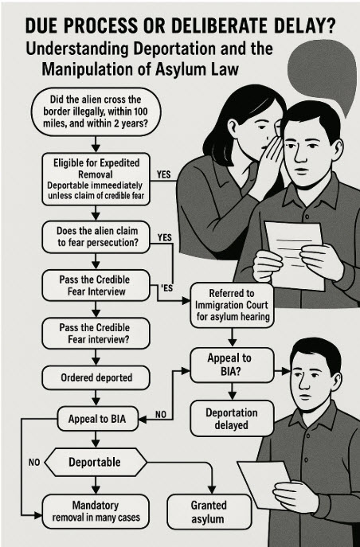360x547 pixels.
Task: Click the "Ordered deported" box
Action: (96, 378)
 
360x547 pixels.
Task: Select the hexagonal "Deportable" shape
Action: (96, 463)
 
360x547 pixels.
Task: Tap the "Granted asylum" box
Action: (209, 512)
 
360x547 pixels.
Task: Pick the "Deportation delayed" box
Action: (232, 419)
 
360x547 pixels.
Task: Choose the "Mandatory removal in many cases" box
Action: (96, 511)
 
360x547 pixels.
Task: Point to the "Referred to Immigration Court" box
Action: (232, 305)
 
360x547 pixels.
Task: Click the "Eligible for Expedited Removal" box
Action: (96, 179)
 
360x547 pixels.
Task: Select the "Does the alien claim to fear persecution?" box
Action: (96, 236)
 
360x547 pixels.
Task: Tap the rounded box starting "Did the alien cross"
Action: (96, 111)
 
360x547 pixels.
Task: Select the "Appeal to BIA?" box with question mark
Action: (232, 365)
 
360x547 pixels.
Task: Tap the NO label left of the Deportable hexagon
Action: (34, 463)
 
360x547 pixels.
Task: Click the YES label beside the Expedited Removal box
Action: (163, 174)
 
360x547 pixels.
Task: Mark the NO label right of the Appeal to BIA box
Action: (161, 415)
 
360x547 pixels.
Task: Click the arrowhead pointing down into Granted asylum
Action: (211, 490)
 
